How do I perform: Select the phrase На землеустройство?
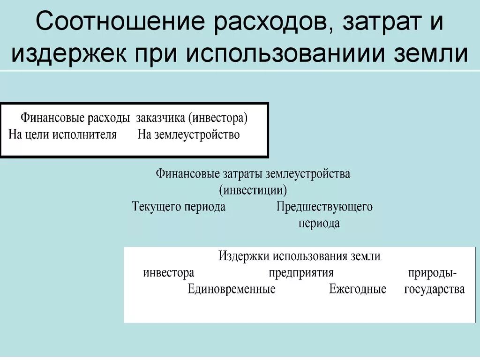[x=188, y=135]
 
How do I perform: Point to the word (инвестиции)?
[x=253, y=190]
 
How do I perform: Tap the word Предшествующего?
[x=324, y=207]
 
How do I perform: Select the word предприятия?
[x=301, y=273]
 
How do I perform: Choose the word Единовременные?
[x=232, y=289]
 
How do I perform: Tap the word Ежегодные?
[x=358, y=289]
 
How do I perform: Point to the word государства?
[x=435, y=289]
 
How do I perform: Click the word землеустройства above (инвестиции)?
[x=308, y=174]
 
